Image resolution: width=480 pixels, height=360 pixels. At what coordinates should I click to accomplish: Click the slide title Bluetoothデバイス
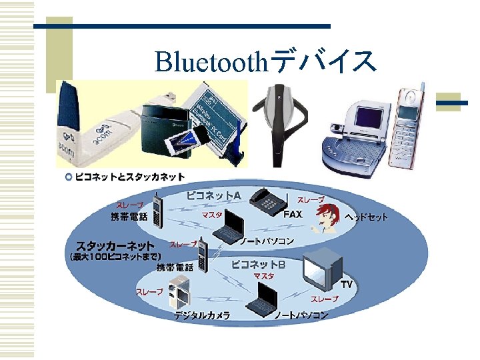pyautogui.click(x=265, y=61)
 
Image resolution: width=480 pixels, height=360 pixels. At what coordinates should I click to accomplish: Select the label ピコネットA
pyautogui.click(x=214, y=195)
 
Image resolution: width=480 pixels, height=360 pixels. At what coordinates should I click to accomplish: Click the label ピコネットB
pyautogui.click(x=258, y=265)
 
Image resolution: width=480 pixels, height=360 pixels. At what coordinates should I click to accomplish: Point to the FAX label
pyautogui.click(x=293, y=215)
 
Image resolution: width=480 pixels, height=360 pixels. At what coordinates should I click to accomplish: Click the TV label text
pyautogui.click(x=347, y=284)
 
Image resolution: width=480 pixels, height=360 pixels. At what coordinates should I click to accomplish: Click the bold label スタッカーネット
pyautogui.click(x=115, y=245)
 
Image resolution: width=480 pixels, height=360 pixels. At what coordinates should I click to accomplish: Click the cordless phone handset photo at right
pyautogui.click(x=408, y=127)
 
